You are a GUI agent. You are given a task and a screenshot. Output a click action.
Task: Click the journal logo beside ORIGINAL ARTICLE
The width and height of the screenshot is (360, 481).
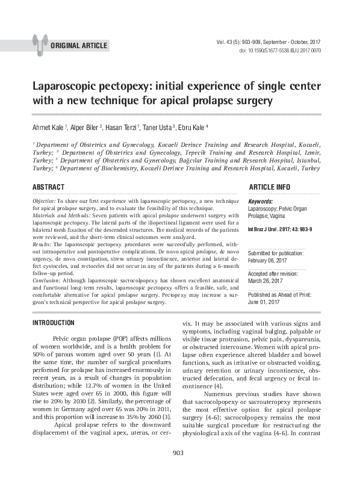[40, 44]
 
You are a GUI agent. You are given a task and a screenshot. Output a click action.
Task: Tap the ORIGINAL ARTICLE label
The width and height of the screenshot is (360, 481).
[79, 46]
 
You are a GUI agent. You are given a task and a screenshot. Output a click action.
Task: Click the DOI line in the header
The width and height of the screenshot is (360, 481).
[280, 51]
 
